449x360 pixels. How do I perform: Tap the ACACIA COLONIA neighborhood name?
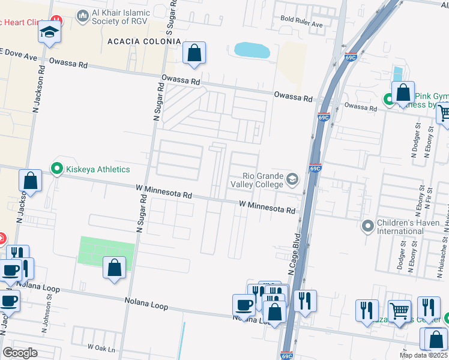coord(143,41)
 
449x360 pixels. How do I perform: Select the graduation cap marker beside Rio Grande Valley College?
coord(292,179)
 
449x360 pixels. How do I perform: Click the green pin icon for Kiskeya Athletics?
coord(58,169)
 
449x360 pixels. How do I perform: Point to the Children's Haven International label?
coord(409,226)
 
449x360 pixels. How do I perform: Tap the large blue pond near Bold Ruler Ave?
coord(252,50)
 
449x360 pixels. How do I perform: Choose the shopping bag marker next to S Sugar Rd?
coord(194,53)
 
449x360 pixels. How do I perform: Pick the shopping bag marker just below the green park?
coord(114,268)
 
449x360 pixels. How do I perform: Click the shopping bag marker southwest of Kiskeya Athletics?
coord(30,181)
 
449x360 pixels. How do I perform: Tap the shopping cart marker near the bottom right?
coord(399,311)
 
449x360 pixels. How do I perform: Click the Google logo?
coord(20,353)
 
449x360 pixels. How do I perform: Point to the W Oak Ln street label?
coord(100,347)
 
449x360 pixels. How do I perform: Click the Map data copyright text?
coord(423,355)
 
